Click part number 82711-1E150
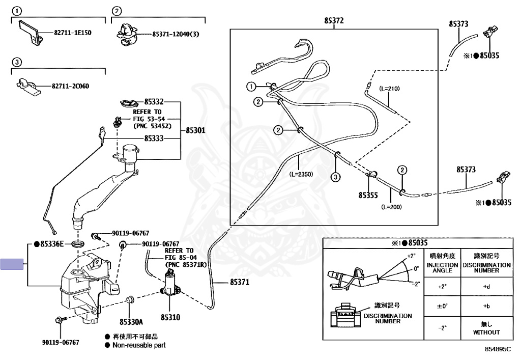[x=72, y=33]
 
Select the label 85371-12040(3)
[x=176, y=34]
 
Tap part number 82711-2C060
[x=70, y=86]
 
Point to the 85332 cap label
[x=154, y=102]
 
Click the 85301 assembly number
[x=196, y=130]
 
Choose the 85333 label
[x=154, y=139]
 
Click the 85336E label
[x=49, y=244]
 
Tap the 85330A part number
[x=131, y=322]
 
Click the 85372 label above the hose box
[x=334, y=20]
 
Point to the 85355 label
[x=368, y=195]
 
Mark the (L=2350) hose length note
[x=301, y=174]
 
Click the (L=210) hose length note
[x=389, y=89]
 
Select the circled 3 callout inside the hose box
[x=336, y=177]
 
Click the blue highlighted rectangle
[x=12, y=264]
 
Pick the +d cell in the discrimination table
[x=486, y=287]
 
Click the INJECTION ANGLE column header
[x=442, y=268]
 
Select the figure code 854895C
[x=498, y=349]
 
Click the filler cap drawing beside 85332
[x=129, y=103]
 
